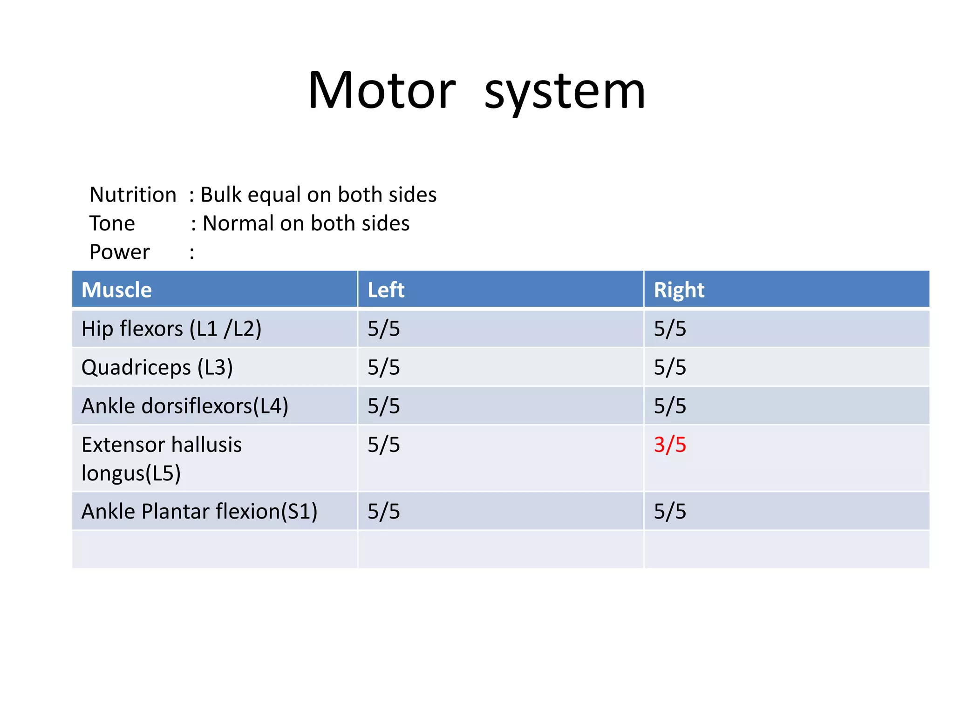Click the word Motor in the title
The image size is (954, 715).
[x=382, y=90]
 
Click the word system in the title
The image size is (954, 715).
[x=565, y=92]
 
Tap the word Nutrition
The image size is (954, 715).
[x=133, y=195]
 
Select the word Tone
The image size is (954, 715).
[x=112, y=223]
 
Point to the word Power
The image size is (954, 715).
[x=120, y=252]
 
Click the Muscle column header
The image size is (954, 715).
[x=116, y=290]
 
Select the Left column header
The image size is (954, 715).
[x=386, y=290]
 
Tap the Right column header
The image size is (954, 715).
[x=679, y=290]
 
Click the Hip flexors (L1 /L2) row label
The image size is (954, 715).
[x=171, y=329]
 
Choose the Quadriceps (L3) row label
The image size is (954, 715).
[x=157, y=368]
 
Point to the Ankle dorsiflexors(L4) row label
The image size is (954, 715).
[x=185, y=406]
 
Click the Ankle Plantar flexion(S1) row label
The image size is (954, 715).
[x=199, y=512]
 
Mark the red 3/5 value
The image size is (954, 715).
[x=670, y=445]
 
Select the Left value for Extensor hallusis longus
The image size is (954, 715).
[x=383, y=445]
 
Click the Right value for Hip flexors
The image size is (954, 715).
[x=670, y=329]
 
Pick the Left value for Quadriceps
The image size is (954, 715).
[x=383, y=368]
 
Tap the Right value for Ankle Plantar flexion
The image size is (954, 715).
[x=670, y=512]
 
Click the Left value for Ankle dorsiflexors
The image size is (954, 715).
[x=383, y=406]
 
